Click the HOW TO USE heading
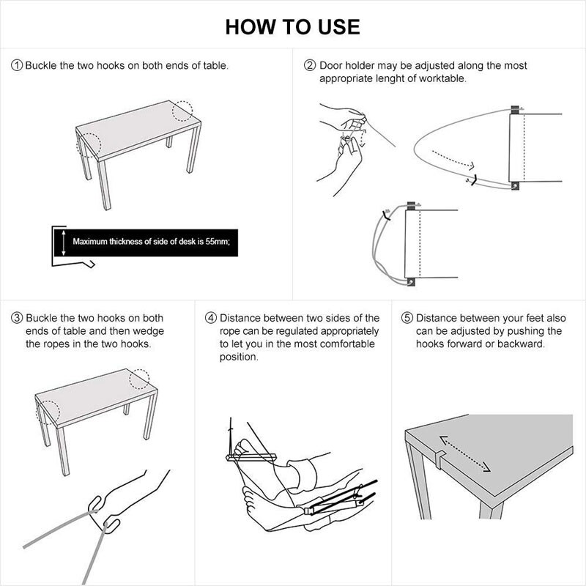[x=292, y=27]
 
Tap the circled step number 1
[x=17, y=65]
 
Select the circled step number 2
[x=311, y=65]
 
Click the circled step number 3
[x=17, y=318]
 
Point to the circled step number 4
[x=211, y=318]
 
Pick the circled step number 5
[x=407, y=318]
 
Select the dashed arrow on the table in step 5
[x=464, y=452]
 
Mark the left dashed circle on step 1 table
[x=88, y=145]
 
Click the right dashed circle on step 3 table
[x=139, y=379]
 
